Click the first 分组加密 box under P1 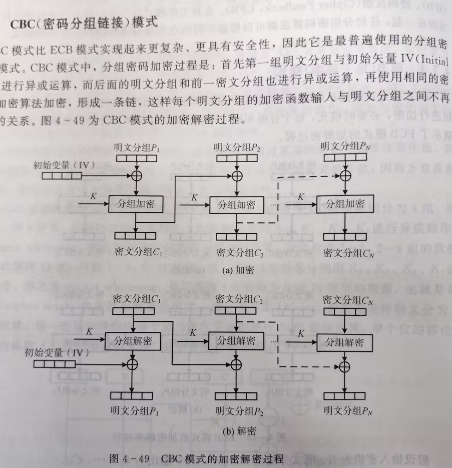point(136,204)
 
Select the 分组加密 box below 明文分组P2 point(236,205)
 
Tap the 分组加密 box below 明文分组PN point(345,204)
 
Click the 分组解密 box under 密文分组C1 point(133,341)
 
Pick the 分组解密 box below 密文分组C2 point(236,341)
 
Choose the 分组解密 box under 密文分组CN point(344,342)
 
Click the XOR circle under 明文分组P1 point(136,175)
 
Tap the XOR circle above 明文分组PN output point(344,367)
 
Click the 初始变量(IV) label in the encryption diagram point(64,165)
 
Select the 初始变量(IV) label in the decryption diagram point(56,352)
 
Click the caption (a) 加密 point(238,270)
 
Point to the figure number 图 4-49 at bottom point(129,459)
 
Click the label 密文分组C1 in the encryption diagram point(138,252)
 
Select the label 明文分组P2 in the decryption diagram point(239,411)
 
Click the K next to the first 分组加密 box point(93,196)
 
